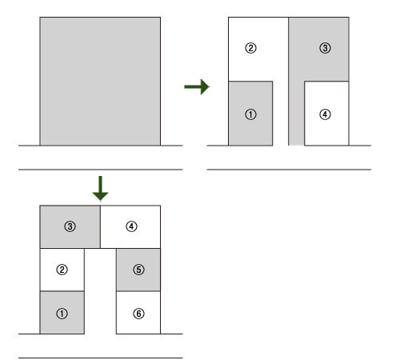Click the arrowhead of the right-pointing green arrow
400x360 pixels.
(x=205, y=86)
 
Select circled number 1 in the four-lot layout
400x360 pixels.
(x=250, y=114)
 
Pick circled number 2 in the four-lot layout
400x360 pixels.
(x=250, y=48)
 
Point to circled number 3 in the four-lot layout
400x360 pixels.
(x=325, y=48)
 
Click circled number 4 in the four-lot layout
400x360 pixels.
(x=325, y=114)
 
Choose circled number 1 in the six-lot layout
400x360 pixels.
(x=62, y=314)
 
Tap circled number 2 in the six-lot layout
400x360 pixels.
(x=62, y=270)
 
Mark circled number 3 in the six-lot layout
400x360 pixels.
(x=70, y=226)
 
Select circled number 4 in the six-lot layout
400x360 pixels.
(x=131, y=226)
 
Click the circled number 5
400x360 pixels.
(x=138, y=270)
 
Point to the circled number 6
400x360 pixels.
(x=138, y=314)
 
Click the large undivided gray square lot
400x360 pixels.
(x=100, y=82)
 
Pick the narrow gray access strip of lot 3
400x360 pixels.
(x=296, y=114)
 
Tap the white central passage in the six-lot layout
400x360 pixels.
(x=100, y=291)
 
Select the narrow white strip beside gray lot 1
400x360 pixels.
(x=280, y=114)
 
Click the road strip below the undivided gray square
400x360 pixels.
(x=101, y=158)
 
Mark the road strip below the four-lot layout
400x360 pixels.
(x=289, y=158)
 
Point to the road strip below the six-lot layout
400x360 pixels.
(x=101, y=346)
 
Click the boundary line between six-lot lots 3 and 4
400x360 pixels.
(x=100, y=227)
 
